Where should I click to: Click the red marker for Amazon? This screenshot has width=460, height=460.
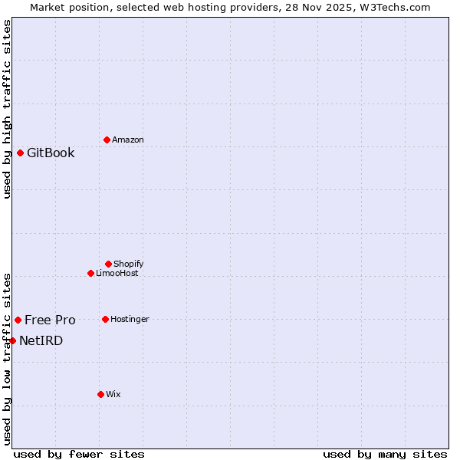[x=107, y=140]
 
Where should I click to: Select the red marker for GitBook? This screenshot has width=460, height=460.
[x=20, y=153]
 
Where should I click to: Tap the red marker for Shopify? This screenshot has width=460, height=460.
[x=108, y=264]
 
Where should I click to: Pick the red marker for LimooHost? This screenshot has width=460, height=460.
[x=90, y=273]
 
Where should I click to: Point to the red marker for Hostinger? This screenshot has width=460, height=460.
[x=105, y=319]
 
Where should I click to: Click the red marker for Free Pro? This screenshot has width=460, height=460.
[x=18, y=320]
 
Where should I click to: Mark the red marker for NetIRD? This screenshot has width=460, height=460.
[x=12, y=340]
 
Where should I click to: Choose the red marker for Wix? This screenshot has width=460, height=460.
[x=100, y=394]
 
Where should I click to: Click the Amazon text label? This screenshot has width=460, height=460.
[x=128, y=140]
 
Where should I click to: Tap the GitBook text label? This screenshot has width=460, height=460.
[x=51, y=153]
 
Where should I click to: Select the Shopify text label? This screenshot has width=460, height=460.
[x=129, y=264]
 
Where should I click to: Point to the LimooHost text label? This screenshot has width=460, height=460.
[x=117, y=273]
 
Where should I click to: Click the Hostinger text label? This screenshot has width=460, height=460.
[x=130, y=319]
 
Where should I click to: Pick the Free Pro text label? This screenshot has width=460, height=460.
[x=50, y=320]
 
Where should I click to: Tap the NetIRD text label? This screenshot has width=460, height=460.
[x=41, y=340]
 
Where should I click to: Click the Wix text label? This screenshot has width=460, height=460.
[x=113, y=394]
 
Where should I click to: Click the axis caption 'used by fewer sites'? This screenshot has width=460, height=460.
[x=79, y=454]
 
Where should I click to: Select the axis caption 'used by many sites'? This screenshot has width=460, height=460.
[x=385, y=454]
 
